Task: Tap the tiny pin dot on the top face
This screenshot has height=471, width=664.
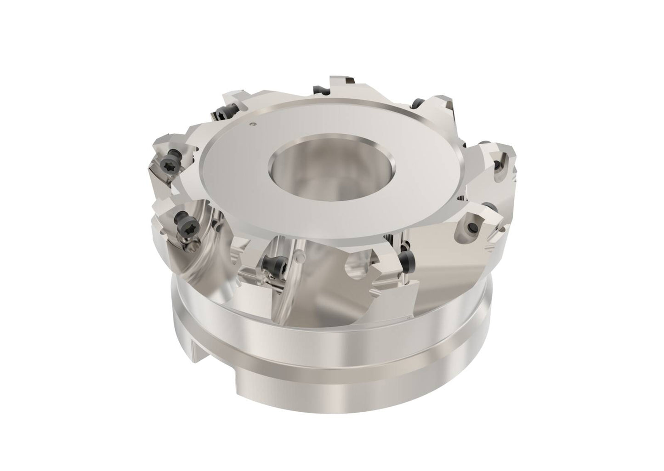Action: (x=252, y=123)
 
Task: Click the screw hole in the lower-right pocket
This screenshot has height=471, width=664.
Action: (x=471, y=226)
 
